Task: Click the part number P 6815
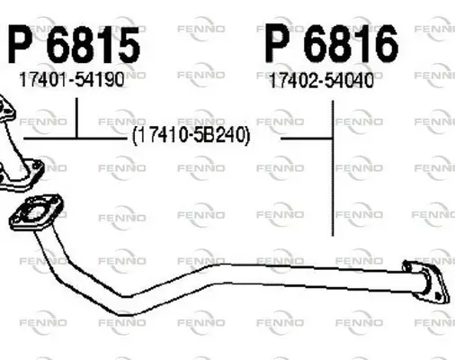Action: (74, 45)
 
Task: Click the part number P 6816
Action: (332, 43)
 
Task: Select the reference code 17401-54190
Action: (72, 79)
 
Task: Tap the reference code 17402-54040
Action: (322, 80)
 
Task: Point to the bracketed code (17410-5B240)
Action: (191, 135)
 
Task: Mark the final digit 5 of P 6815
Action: (127, 45)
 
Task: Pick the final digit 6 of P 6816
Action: (385, 44)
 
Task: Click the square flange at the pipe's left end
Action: (36, 212)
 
